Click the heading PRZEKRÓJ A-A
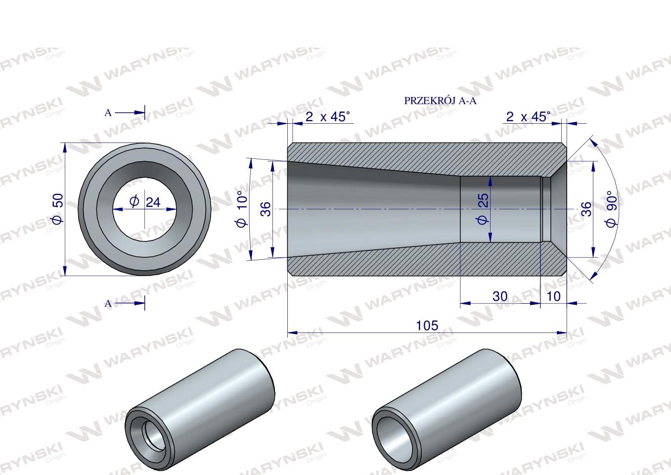440,101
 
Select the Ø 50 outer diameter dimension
58,209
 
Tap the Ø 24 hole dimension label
145,202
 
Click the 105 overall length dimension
427,326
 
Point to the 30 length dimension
500,296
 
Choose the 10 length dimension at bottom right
554,296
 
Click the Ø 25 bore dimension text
483,209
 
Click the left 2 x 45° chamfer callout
327,117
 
